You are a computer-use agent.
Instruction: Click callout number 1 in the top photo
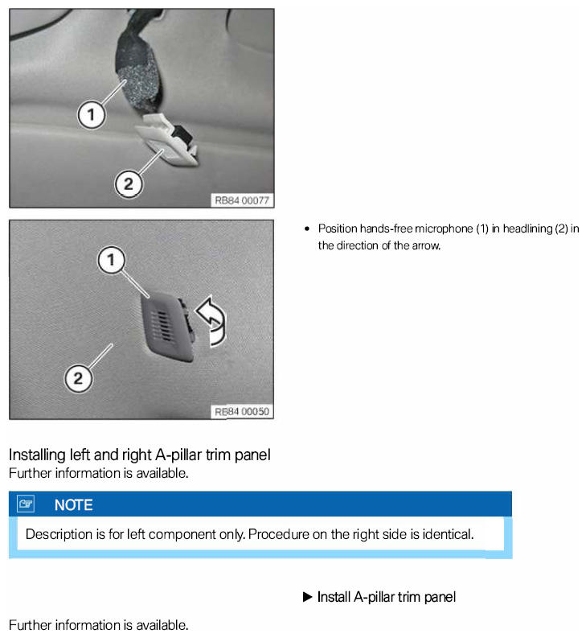(x=92, y=114)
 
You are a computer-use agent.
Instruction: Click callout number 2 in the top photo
(x=129, y=184)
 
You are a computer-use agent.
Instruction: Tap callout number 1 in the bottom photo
(x=111, y=260)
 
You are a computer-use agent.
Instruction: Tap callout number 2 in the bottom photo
(x=78, y=378)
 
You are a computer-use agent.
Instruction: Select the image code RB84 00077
(x=242, y=200)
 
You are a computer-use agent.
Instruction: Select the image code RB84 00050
(x=242, y=412)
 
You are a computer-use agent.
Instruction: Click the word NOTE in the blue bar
(x=74, y=505)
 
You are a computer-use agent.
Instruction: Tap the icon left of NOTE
(x=26, y=504)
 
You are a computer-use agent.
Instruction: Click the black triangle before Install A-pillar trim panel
(x=307, y=597)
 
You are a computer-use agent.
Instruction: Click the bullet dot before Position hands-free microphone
(x=307, y=228)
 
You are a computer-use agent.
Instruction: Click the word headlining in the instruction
(x=527, y=228)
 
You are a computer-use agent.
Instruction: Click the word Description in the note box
(x=59, y=534)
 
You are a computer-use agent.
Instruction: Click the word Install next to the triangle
(x=334, y=597)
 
